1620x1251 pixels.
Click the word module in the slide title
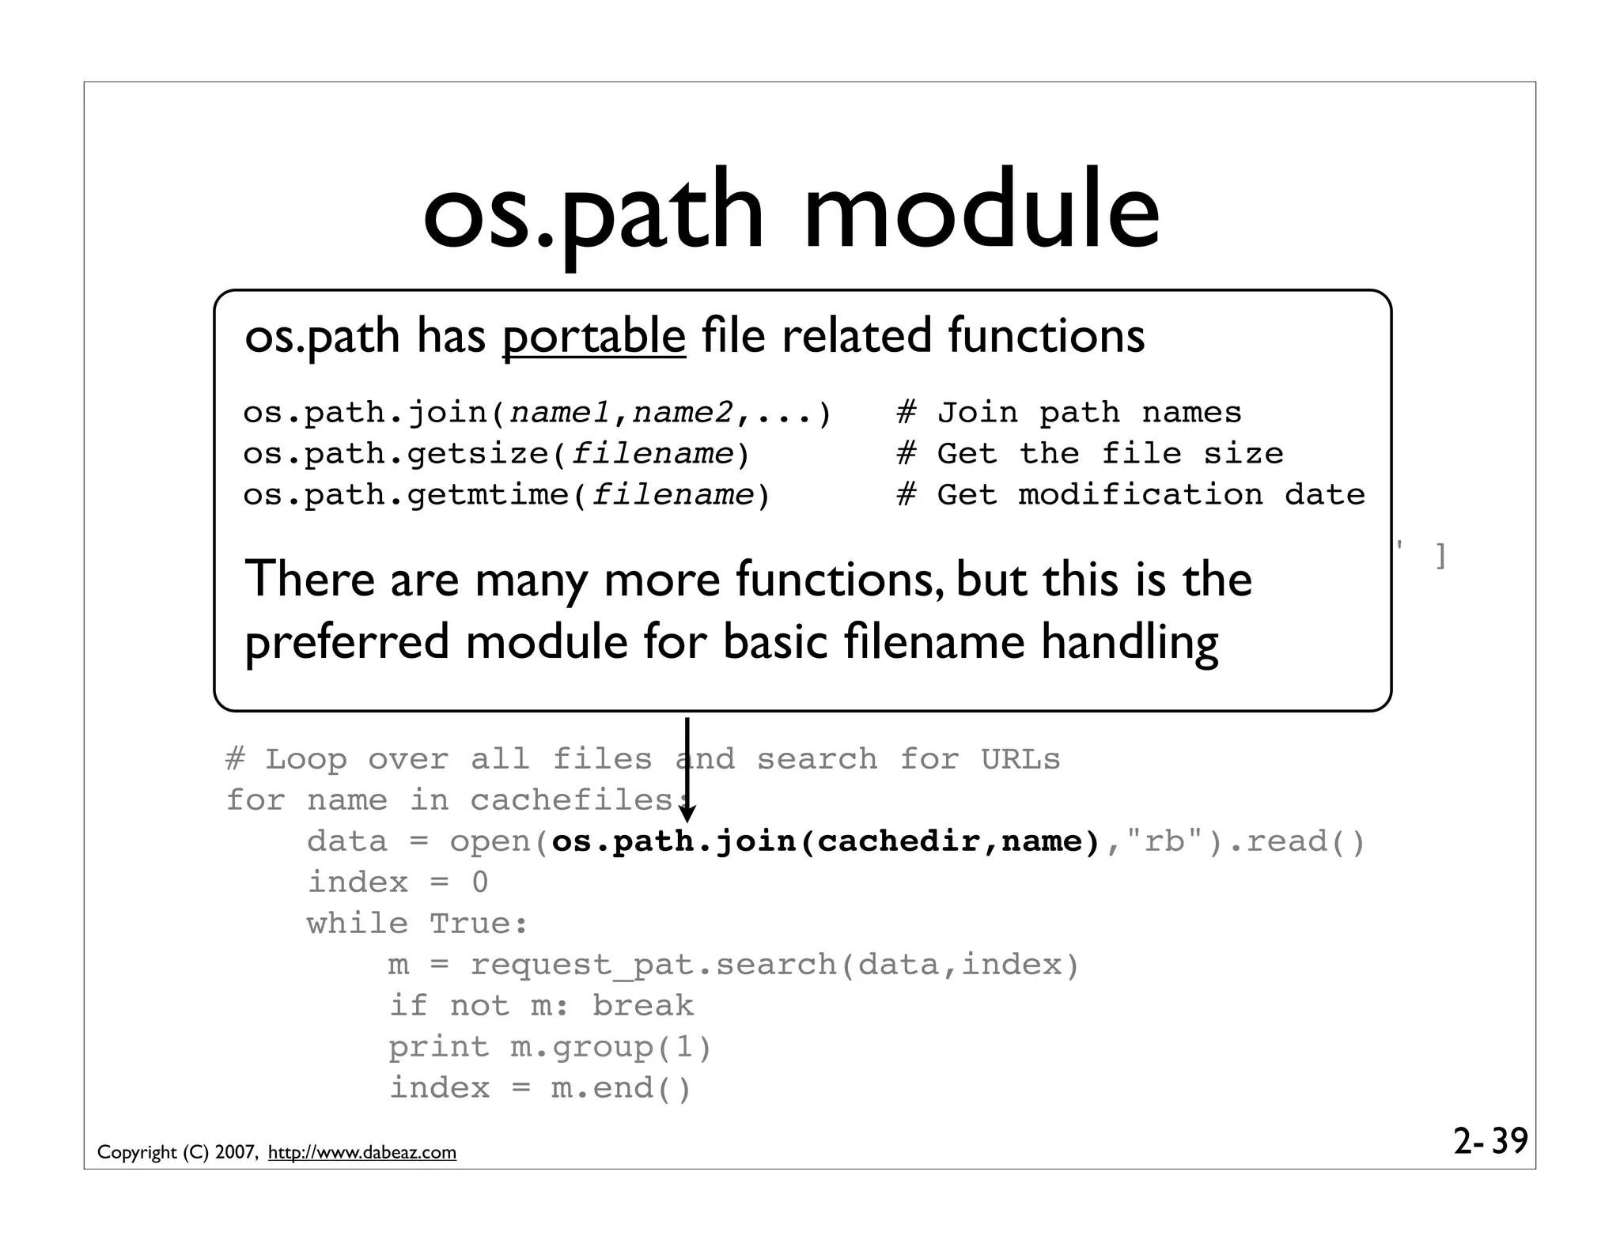[981, 212]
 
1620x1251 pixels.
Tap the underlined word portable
[593, 336]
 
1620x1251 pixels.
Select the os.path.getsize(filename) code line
[496, 454]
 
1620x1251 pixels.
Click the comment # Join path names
[1069, 413]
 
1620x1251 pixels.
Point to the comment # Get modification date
[1130, 495]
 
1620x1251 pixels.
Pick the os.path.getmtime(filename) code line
[506, 495]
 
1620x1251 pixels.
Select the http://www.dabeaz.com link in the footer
[362, 1152]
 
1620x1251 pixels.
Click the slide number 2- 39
[1490, 1141]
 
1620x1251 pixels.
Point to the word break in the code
[642, 1006]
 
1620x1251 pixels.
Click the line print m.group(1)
[550, 1047]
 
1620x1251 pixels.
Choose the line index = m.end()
[540, 1088]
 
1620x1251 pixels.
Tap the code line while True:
[417, 924]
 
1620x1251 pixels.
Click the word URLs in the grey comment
[1020, 759]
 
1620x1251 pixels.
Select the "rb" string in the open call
[1165, 841]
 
